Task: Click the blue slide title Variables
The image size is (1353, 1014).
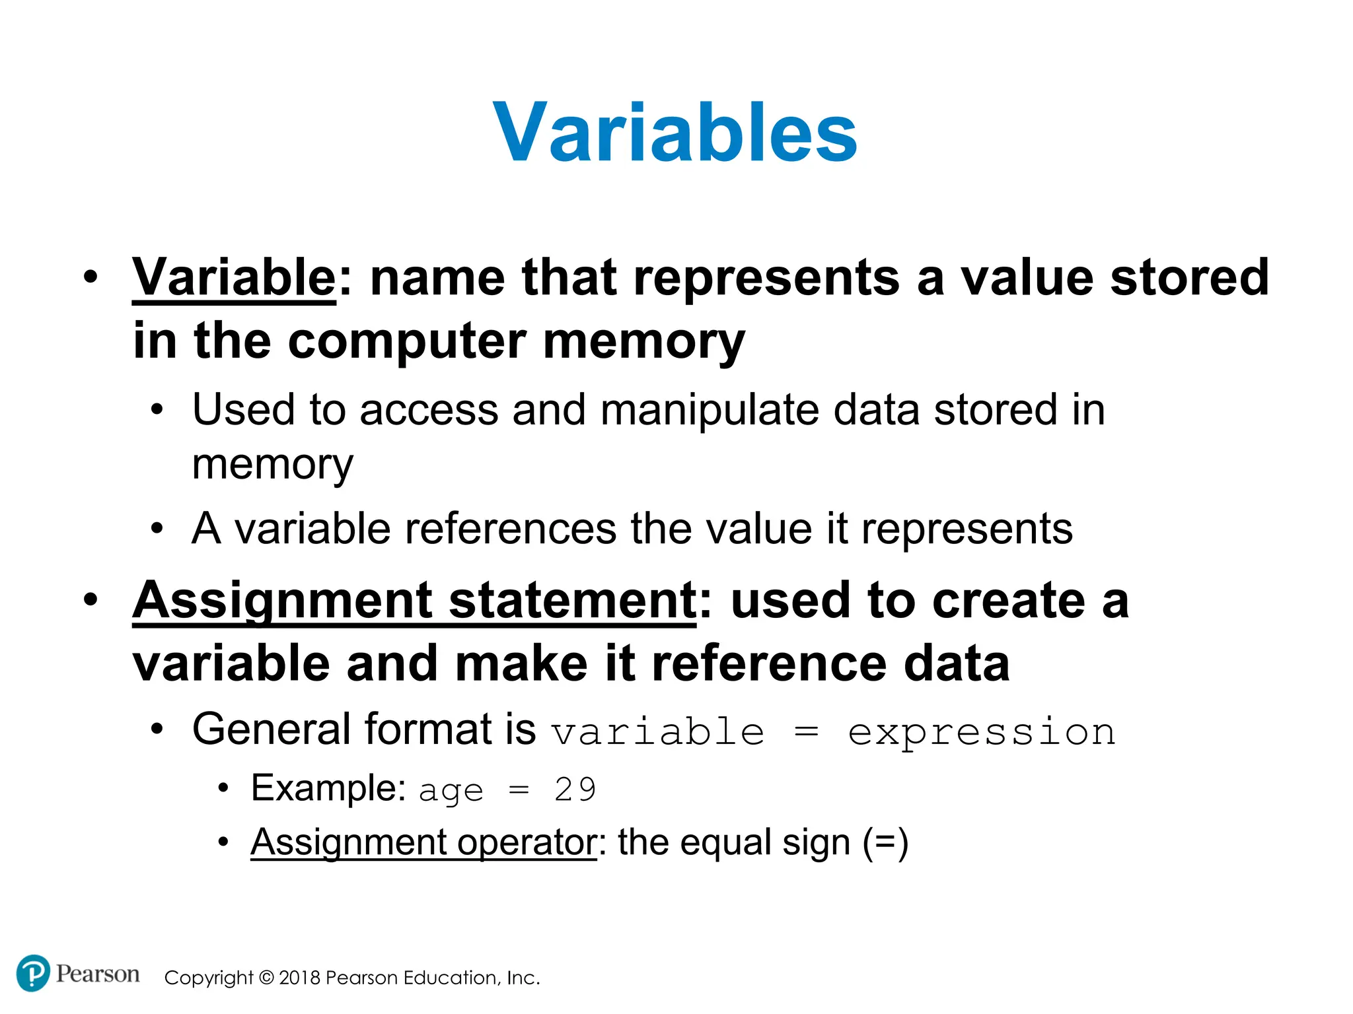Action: [x=675, y=132]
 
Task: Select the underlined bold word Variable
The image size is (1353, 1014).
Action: [x=234, y=277]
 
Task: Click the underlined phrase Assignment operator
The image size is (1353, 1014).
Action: [x=423, y=842]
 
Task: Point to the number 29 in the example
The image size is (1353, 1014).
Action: [x=575, y=790]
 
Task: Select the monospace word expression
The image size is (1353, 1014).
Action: [x=982, y=733]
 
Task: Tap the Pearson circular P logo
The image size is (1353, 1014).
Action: [x=32, y=973]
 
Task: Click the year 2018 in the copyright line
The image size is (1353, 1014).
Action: [x=300, y=978]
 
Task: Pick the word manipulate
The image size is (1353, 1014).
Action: [x=710, y=411]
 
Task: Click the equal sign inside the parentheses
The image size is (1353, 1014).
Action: [x=886, y=842]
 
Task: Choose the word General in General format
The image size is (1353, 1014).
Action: [x=270, y=729]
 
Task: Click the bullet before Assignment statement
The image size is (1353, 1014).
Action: [x=91, y=599]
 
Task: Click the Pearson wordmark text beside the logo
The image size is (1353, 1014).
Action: [x=97, y=974]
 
